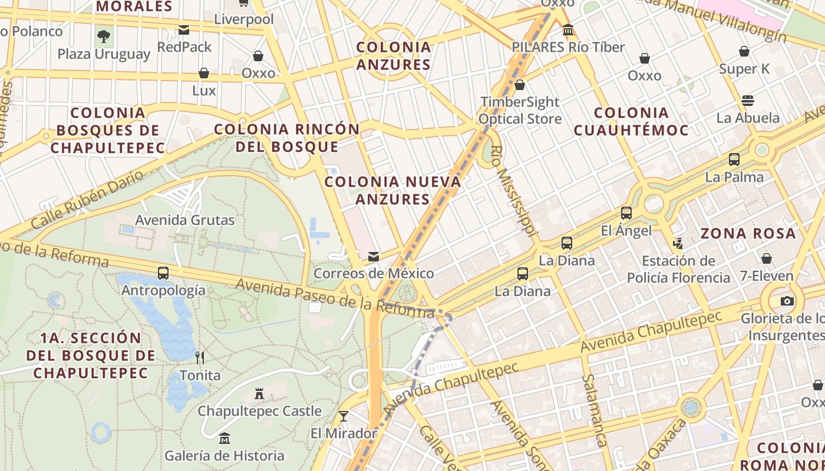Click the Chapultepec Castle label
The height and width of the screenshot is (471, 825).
(x=259, y=411)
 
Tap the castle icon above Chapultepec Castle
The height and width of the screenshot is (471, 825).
(x=259, y=393)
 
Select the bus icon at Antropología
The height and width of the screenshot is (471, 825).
(x=163, y=273)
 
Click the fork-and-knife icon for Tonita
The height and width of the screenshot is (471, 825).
(x=200, y=357)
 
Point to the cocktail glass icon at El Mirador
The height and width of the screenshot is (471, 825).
(x=344, y=416)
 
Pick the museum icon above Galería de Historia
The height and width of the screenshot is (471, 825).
(x=224, y=438)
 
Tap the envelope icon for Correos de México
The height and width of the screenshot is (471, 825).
(x=374, y=257)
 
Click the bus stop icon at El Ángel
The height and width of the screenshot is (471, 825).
(x=626, y=213)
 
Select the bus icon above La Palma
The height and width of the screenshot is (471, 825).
(x=734, y=160)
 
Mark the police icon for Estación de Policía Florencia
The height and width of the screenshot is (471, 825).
(x=678, y=243)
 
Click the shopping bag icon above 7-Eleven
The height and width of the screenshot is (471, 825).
(x=767, y=258)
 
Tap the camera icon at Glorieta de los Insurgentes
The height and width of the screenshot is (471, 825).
(x=787, y=301)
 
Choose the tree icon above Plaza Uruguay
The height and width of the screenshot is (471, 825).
(x=104, y=37)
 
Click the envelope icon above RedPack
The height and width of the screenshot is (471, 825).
(x=184, y=29)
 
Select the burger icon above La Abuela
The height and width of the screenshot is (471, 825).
(x=748, y=100)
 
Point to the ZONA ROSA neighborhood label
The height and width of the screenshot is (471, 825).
(x=748, y=234)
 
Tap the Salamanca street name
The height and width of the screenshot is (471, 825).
(x=594, y=410)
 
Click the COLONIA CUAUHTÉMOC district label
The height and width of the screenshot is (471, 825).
(x=631, y=121)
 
